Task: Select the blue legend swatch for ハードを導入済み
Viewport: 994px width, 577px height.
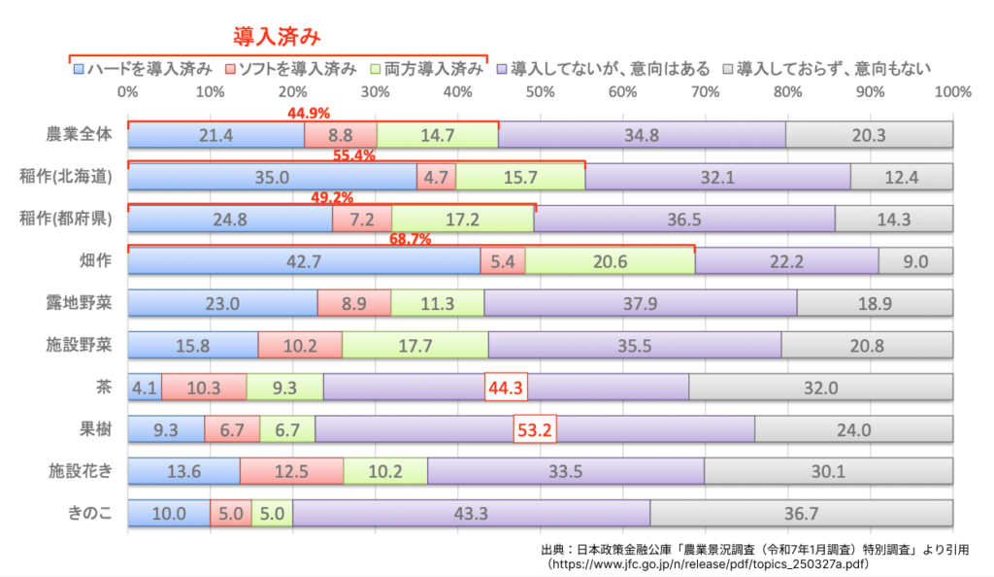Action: point(78,69)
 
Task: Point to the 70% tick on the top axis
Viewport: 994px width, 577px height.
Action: point(706,92)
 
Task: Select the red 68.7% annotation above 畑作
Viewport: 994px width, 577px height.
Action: point(410,240)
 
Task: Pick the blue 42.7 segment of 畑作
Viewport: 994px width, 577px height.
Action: point(303,261)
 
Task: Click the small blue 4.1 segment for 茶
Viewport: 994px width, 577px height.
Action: point(145,388)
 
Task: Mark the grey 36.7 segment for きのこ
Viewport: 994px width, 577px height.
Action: point(801,513)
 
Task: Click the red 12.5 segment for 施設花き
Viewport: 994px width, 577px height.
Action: point(291,471)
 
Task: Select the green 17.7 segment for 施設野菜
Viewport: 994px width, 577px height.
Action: point(414,346)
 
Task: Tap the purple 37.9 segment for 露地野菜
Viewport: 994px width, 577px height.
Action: point(640,303)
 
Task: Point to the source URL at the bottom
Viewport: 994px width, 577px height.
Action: point(709,563)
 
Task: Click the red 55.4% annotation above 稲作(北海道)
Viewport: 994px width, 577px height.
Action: point(354,155)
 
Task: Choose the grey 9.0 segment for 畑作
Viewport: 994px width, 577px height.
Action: point(915,261)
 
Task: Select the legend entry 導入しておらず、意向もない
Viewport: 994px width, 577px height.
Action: point(833,69)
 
